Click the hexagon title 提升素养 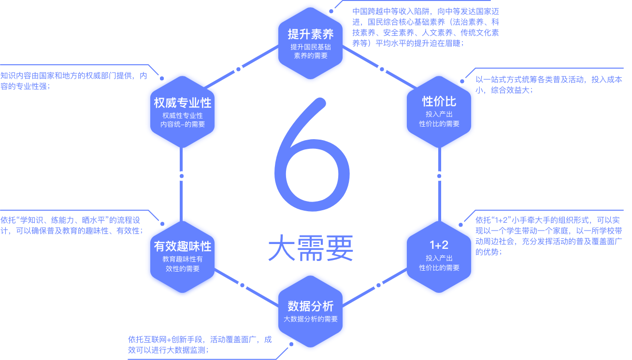(311, 35)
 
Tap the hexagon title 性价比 (439, 101)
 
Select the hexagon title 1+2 (439, 244)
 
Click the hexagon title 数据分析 (311, 306)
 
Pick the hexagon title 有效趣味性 (183, 246)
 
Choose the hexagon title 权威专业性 (183, 103)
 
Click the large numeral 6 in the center (312, 159)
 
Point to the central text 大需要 (311, 249)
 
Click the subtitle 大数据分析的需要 (311, 319)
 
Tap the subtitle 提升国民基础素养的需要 (311, 51)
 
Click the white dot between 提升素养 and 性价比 (382, 69)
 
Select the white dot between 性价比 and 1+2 (439, 176)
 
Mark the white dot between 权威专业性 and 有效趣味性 (182, 176)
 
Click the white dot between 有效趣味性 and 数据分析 (242, 285)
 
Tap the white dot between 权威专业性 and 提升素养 (238, 69)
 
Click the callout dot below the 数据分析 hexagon (291, 344)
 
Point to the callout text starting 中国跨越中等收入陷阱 (425, 27)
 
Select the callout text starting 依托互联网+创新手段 (200, 345)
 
